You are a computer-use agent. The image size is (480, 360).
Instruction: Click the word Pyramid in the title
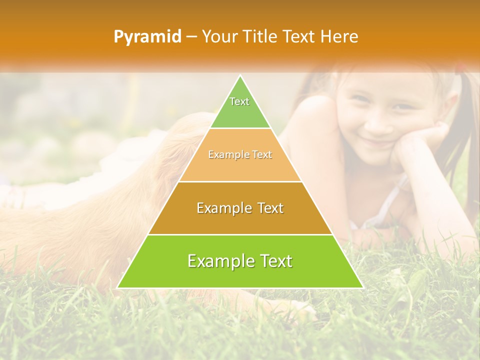pos(147,37)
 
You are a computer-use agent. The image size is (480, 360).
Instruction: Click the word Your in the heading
pos(220,36)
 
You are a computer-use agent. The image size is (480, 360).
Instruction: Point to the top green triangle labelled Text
pos(240,107)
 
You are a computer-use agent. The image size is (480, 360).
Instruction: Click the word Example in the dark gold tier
pos(223,208)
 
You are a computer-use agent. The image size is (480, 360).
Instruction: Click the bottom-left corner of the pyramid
pos(118,287)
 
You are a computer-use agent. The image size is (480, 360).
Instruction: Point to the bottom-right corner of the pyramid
pos(362,287)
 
